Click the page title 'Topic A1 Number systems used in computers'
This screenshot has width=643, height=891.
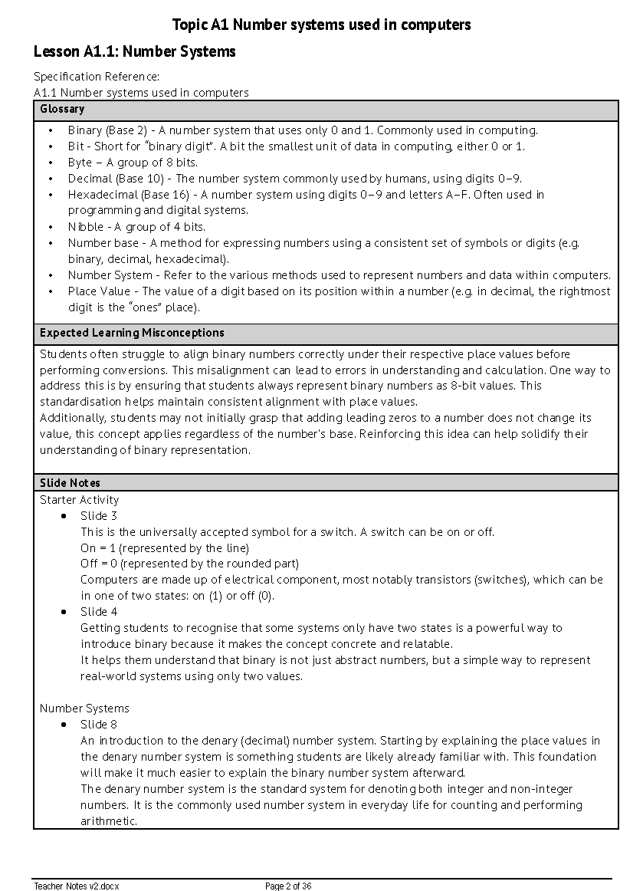(321, 25)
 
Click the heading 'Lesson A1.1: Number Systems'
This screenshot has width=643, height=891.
(134, 52)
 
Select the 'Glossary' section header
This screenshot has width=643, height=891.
(62, 110)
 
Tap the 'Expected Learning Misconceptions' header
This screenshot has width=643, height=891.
(132, 333)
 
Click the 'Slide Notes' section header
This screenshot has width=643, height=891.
(70, 483)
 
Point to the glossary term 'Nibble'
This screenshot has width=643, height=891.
(86, 227)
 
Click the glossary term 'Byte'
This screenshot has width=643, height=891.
(80, 163)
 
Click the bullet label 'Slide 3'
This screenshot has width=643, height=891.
(99, 516)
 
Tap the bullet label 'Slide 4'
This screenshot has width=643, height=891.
(99, 612)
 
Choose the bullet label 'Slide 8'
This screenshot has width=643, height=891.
(99, 725)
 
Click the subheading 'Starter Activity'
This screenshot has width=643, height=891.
(80, 500)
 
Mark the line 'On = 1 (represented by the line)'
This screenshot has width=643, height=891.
(165, 548)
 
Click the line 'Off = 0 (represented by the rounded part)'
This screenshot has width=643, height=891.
(189, 564)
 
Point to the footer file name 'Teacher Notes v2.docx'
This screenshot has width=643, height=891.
(77, 886)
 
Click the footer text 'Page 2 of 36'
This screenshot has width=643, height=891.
(288, 886)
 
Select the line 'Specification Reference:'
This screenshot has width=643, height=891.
(97, 77)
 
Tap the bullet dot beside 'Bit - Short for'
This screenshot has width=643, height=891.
(51, 146)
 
